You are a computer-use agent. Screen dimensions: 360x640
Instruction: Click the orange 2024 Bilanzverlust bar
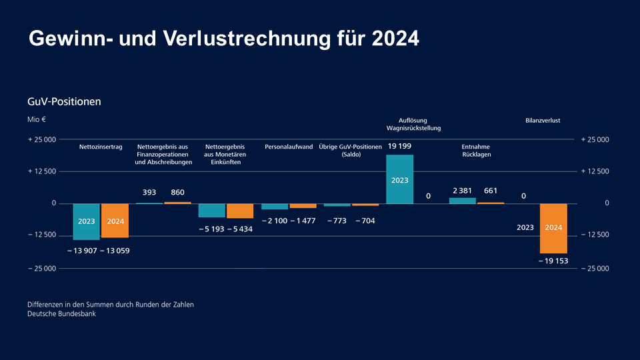coord(553,228)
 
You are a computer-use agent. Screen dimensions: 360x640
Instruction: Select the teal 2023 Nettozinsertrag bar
coord(86,221)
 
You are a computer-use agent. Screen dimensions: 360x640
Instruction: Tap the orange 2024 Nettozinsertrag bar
coord(115,220)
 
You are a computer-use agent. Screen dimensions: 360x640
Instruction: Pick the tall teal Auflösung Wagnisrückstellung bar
coord(399,179)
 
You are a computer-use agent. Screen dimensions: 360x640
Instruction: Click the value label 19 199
coord(399,146)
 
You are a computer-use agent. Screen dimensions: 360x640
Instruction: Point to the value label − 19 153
coord(553,261)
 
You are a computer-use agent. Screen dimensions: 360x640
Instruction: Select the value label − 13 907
coord(82,251)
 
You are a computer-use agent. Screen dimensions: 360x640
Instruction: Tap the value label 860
coord(178,192)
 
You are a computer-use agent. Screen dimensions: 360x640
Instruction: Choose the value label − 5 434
coord(240,229)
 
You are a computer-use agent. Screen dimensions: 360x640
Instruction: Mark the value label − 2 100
coord(274,221)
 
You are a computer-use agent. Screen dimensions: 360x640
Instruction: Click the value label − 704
coord(365,221)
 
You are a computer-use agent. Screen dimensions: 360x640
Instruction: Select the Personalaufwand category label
coord(289,147)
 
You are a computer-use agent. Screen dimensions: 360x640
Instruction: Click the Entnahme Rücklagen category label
coord(477,150)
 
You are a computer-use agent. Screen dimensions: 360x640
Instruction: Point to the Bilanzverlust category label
coord(543,121)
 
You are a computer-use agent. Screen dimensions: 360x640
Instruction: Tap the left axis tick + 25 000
coord(41,139)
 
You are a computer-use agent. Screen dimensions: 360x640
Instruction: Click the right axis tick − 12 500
coord(595,235)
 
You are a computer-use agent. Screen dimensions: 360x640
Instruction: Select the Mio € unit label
coord(37,120)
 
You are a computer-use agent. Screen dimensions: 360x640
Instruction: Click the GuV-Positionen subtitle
coord(64,102)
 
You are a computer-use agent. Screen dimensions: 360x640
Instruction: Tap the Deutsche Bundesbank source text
coord(61,314)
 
